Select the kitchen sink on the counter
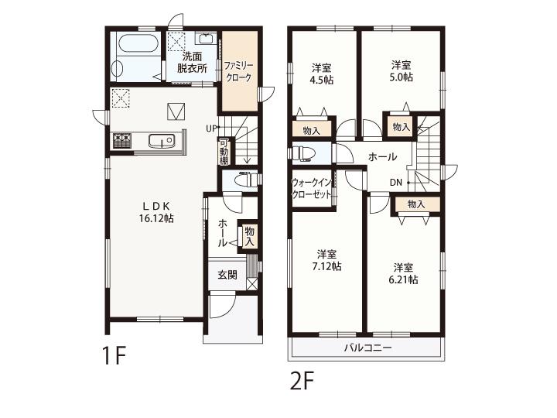(x=161, y=142)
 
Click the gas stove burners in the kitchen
(x=122, y=140)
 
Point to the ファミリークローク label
(x=238, y=71)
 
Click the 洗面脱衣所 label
(x=192, y=62)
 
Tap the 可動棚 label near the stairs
(x=224, y=152)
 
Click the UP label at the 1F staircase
(x=210, y=128)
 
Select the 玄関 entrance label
(x=227, y=275)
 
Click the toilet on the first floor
(x=248, y=179)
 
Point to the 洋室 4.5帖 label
(x=322, y=74)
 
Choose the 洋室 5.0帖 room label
(x=402, y=71)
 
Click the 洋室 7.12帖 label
(x=326, y=260)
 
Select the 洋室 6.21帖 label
(x=403, y=273)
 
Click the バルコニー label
(x=367, y=348)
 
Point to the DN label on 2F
(x=396, y=183)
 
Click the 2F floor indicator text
(x=302, y=381)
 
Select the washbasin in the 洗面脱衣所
(x=205, y=38)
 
